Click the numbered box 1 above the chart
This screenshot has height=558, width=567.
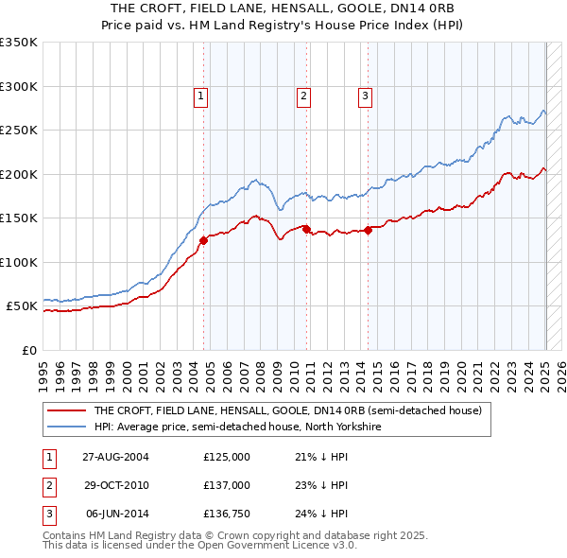(202, 95)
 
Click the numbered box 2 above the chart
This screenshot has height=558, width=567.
(303, 95)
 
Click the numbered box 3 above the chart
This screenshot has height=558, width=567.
(365, 95)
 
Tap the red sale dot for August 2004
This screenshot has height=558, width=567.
(203, 240)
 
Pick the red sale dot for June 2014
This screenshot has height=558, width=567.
(367, 230)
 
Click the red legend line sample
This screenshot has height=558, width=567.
(66, 411)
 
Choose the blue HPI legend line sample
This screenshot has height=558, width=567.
(66, 427)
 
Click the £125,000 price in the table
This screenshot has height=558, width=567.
(227, 458)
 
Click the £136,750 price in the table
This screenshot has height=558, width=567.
(227, 514)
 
